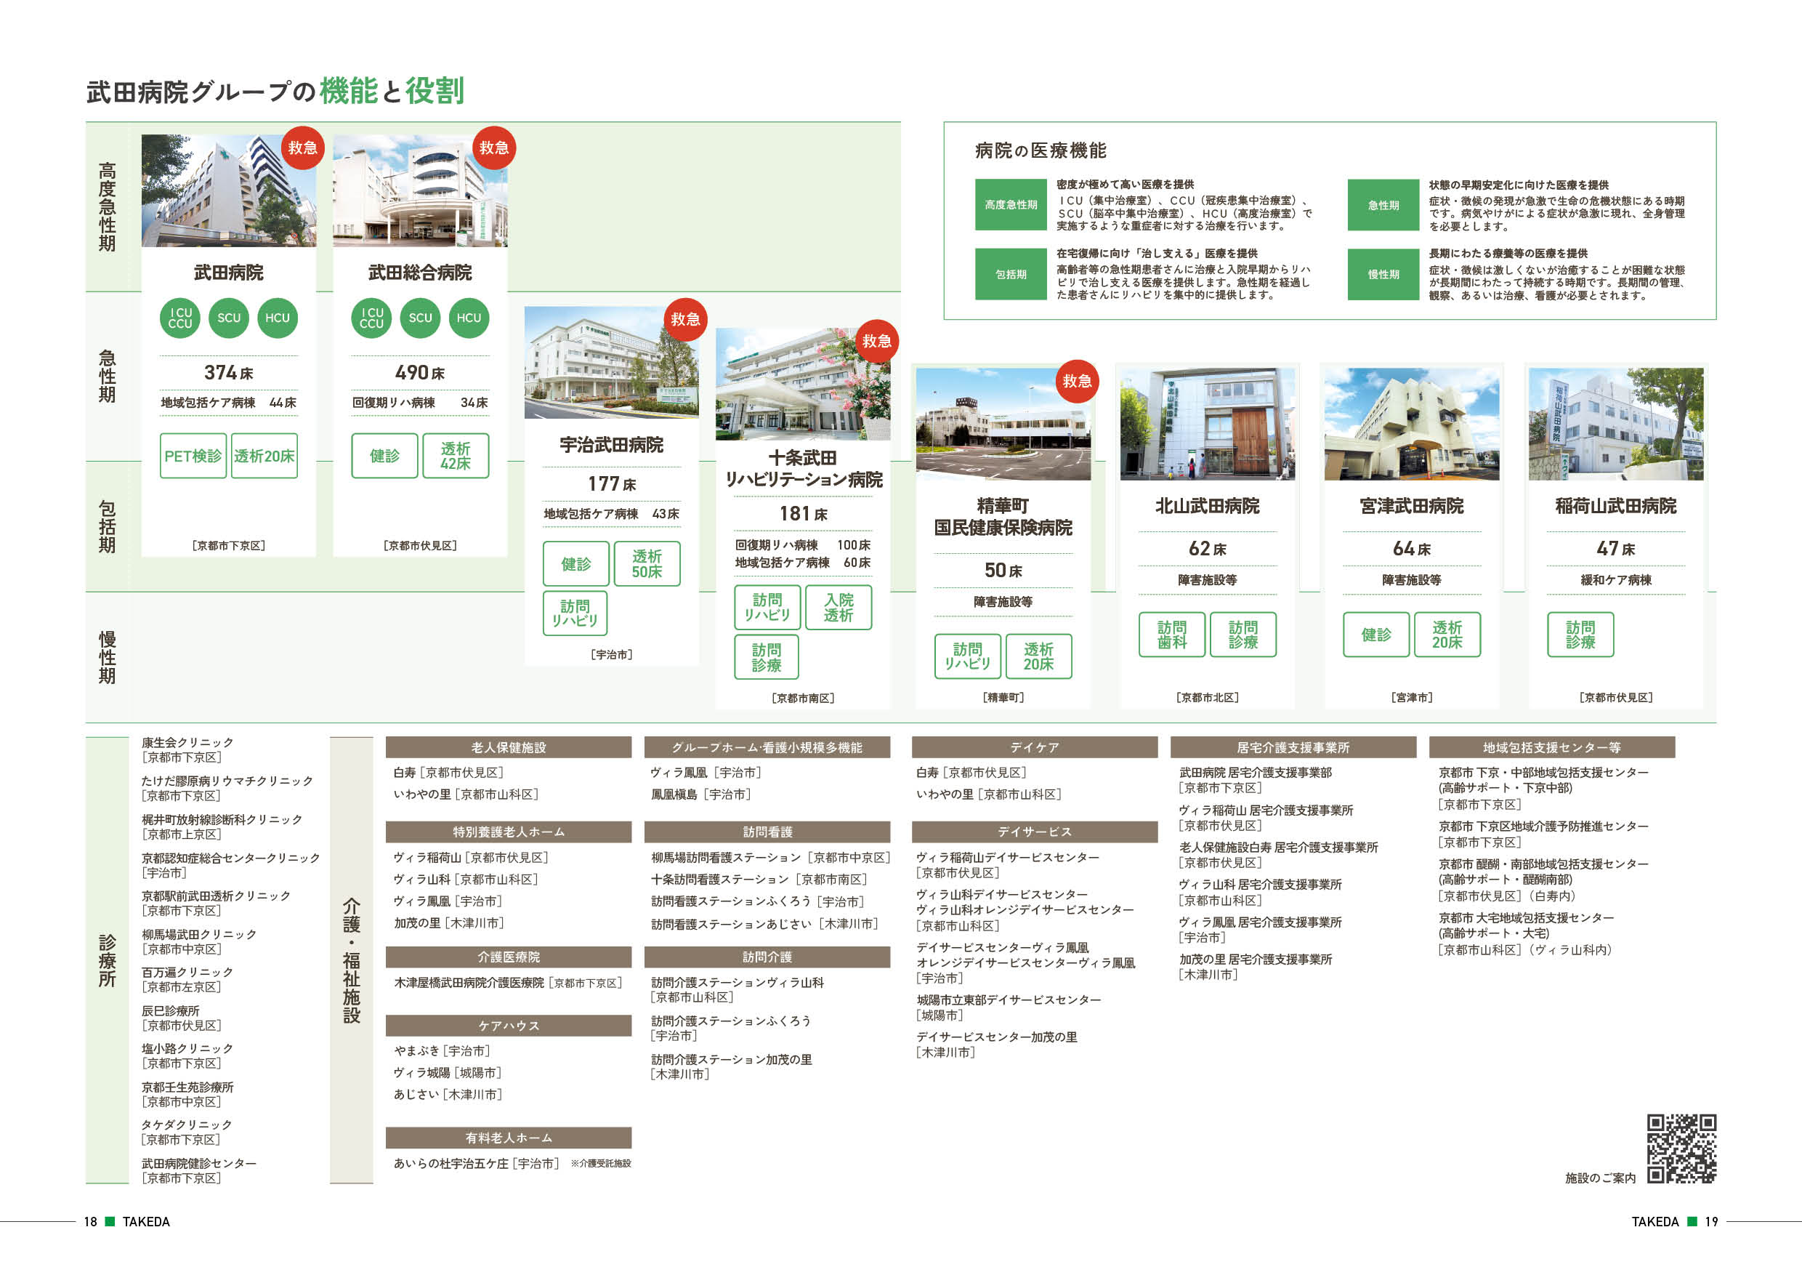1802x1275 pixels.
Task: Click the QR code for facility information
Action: click(1681, 1148)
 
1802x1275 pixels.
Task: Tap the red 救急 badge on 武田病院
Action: click(302, 148)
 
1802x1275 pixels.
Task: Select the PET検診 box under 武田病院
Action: click(193, 455)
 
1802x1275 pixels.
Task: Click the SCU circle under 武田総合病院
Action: click(420, 318)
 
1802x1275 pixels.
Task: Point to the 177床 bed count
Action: click(611, 483)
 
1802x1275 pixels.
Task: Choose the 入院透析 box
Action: click(839, 607)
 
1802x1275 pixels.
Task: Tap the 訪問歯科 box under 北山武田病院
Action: click(1172, 635)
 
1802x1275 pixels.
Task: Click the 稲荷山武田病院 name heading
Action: click(1615, 507)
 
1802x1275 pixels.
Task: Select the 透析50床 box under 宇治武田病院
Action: click(647, 563)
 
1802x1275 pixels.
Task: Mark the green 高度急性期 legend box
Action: click(1011, 205)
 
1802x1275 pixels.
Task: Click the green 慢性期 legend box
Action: click(1383, 275)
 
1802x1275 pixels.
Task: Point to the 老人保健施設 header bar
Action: click(509, 747)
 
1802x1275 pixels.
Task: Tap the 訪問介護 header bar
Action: click(767, 957)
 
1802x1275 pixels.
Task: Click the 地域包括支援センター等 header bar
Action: click(1551, 747)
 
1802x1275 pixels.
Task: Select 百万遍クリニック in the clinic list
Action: click(187, 972)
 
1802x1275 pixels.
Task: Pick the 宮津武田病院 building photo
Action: click(1411, 424)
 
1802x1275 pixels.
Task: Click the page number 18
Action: click(90, 1222)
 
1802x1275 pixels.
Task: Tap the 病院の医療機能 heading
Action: click(1041, 150)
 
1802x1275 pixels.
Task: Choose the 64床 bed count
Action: click(1411, 549)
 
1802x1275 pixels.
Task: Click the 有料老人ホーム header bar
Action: click(509, 1138)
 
